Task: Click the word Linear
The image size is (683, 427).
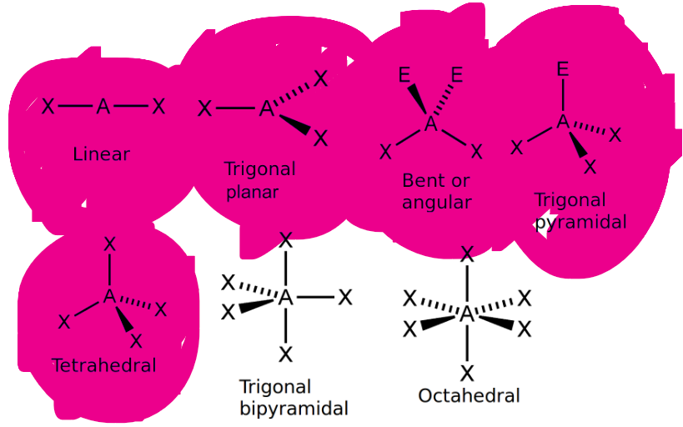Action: pos(102,154)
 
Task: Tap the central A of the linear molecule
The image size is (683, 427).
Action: pos(103,106)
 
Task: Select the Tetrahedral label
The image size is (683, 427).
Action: pos(104,365)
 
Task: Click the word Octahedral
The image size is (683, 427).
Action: pos(469,395)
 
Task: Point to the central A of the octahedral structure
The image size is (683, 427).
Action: pos(467,314)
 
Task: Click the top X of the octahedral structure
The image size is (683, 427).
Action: pos(468,254)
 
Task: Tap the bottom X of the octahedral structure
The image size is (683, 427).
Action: pos(467,373)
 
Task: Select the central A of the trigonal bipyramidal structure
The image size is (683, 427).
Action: pos(286,298)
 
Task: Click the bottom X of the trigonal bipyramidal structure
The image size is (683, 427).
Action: pos(286,355)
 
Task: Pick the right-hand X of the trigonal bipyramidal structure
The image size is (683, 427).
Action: pos(345,298)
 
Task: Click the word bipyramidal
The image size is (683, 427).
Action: pos(294,409)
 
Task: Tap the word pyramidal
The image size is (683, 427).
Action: pos(580,222)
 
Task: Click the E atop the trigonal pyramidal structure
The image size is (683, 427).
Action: pos(563,68)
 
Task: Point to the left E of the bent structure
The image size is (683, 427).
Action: pos(404,76)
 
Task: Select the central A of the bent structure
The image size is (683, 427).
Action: pos(430,124)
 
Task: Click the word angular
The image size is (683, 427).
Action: pos(437,202)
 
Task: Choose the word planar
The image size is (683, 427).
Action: pos(252,192)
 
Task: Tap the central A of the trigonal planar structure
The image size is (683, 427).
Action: pos(266,108)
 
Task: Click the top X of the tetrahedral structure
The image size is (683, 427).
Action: pos(108,244)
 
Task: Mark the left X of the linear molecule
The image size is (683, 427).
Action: pos(48,107)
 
